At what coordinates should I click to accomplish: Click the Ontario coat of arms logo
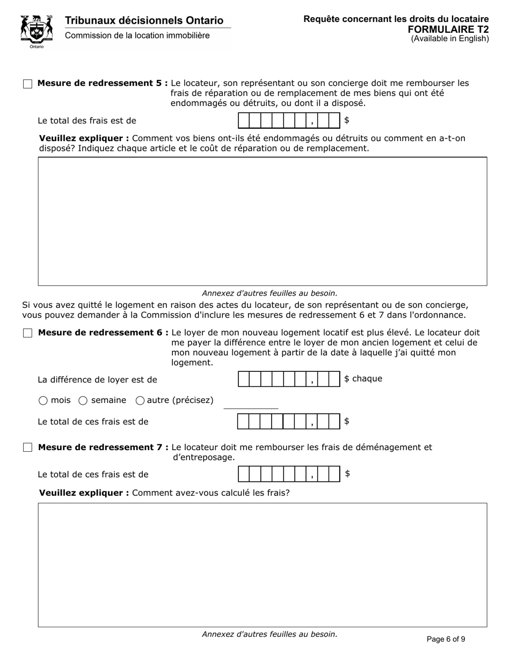tap(37, 31)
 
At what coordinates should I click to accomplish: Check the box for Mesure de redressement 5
tap(27, 84)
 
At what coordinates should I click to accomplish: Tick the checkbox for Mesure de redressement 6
tap(27, 333)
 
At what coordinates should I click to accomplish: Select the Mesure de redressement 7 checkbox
tap(27, 448)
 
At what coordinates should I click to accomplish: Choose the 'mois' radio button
tap(43, 400)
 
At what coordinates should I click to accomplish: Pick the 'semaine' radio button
tap(83, 400)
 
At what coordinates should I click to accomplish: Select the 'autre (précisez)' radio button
tap(140, 400)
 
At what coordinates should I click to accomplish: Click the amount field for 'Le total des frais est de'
tap(289, 121)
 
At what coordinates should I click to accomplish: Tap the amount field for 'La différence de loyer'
tap(289, 379)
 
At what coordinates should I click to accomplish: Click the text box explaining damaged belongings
tap(262, 221)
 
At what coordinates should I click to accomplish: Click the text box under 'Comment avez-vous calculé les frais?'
tap(262, 564)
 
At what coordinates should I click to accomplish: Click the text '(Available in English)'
tap(450, 39)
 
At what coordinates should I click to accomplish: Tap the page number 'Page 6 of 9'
tap(446, 639)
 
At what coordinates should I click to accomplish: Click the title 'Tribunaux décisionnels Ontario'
tap(144, 20)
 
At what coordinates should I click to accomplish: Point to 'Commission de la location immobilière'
tap(137, 35)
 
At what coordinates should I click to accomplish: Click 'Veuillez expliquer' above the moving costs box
tap(84, 493)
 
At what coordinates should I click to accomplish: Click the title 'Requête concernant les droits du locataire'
tap(396, 19)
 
